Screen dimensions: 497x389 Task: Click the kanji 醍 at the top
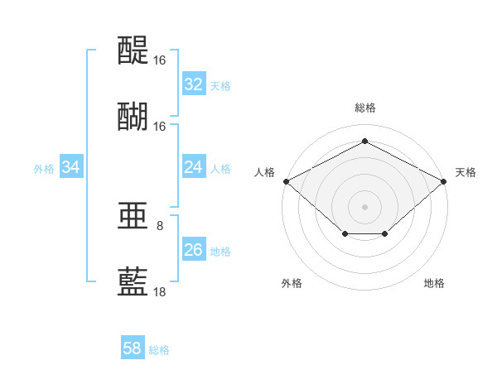pos(133,50)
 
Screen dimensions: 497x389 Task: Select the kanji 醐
pos(133,117)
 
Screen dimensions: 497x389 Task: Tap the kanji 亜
pos(133,216)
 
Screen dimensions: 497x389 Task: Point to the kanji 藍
pos(133,281)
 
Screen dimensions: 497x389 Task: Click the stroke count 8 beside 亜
pos(160,226)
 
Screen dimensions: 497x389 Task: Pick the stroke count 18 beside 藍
pos(159,291)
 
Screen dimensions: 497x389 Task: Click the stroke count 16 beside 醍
pos(159,60)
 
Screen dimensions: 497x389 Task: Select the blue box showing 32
pos(194,84)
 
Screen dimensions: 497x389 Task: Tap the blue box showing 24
pos(194,166)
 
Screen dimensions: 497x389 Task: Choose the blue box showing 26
pos(194,248)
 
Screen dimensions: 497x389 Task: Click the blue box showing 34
pos(71,166)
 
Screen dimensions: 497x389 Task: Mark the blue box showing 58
pos(133,347)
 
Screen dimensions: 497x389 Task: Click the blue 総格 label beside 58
pos(159,350)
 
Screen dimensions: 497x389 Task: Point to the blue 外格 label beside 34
pos(44,169)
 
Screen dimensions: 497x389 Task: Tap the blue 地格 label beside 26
pos(220,252)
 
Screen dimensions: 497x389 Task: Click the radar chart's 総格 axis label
pos(365,108)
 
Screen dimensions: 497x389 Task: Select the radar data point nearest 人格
pos(287,181)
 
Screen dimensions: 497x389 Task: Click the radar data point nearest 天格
pos(443,181)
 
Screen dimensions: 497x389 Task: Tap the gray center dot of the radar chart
pos(364,207)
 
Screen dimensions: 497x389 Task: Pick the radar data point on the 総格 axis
pos(364,141)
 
